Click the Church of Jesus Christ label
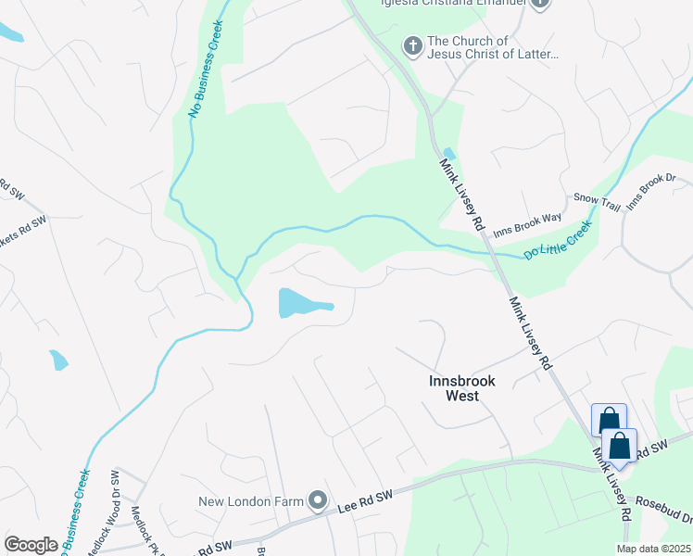[493, 47]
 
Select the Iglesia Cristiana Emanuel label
[454, 3]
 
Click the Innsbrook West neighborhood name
[462, 388]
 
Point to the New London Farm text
[252, 502]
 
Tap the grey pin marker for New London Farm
[318, 501]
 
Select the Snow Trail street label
[597, 200]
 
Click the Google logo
[31, 545]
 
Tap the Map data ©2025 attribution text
[653, 549]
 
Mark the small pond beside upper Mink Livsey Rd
[449, 154]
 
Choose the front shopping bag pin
[618, 447]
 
